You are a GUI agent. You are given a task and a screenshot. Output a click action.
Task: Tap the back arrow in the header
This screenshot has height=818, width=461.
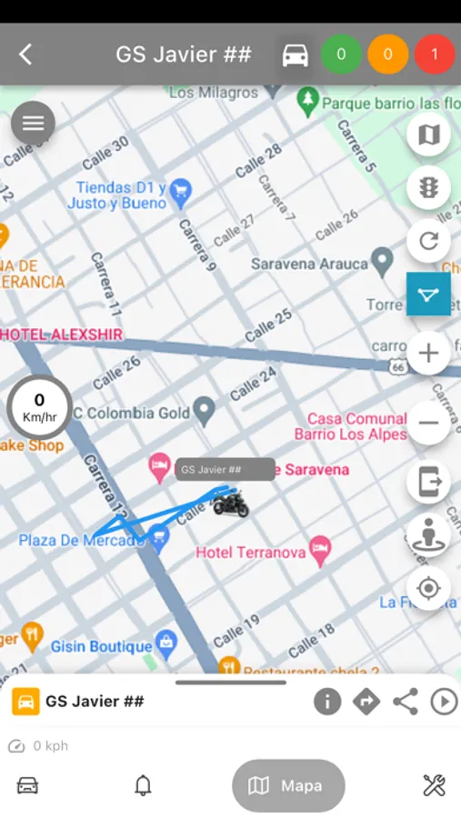click(25, 55)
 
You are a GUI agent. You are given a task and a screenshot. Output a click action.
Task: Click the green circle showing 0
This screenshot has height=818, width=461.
click(341, 55)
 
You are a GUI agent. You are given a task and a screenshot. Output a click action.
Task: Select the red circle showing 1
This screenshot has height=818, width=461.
click(435, 55)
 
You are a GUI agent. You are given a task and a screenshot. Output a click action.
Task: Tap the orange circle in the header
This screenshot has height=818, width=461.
click(388, 55)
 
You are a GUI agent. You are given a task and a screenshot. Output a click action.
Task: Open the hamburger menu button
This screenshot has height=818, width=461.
click(33, 124)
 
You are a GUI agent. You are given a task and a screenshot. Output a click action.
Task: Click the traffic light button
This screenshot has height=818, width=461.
click(427, 187)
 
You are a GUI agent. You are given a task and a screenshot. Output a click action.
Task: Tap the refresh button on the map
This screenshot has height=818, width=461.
click(427, 242)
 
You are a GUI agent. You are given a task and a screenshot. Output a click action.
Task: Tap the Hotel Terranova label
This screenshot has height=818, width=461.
click(252, 552)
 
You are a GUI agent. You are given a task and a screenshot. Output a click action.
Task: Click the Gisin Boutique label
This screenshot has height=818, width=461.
click(101, 646)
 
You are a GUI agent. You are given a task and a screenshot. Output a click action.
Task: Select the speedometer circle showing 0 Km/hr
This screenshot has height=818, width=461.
click(39, 406)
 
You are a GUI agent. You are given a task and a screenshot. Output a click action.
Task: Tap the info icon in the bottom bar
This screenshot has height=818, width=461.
click(327, 702)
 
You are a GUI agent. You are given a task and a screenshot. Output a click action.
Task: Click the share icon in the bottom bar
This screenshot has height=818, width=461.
click(405, 702)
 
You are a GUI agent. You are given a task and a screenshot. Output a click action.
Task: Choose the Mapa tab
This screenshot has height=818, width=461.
click(288, 785)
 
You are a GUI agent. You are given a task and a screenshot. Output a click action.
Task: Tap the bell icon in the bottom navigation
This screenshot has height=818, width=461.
click(143, 785)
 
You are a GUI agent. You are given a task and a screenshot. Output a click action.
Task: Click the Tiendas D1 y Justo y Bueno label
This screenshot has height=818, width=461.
click(121, 195)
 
